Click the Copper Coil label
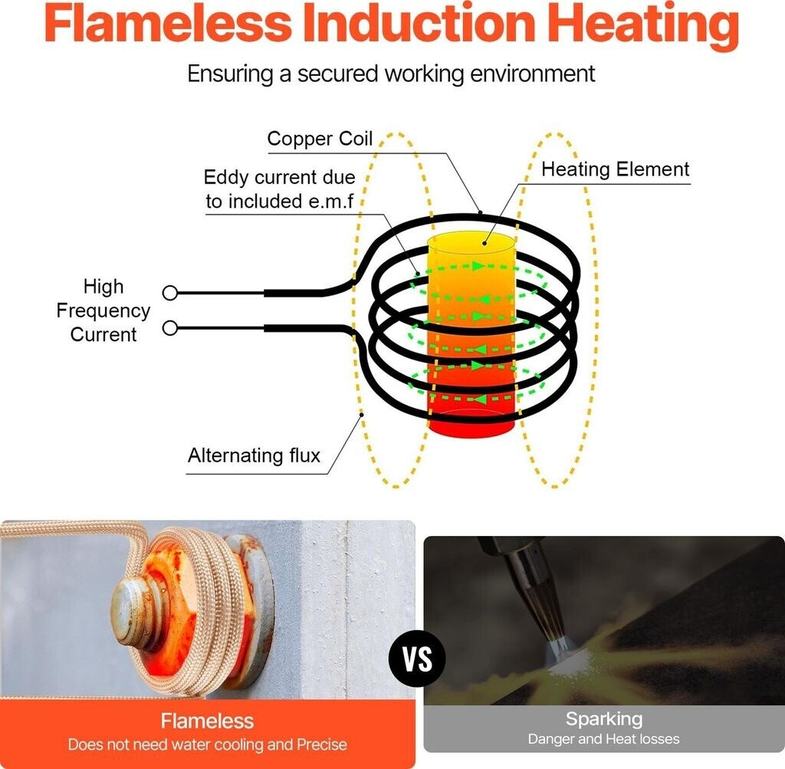click(320, 139)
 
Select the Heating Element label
click(616, 169)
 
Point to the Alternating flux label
click(254, 455)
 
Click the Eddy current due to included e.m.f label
click(279, 189)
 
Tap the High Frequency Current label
click(103, 311)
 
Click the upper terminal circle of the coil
click(170, 292)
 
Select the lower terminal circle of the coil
click(170, 328)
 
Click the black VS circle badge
click(418, 659)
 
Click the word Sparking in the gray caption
click(603, 719)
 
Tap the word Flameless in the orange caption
click(207, 721)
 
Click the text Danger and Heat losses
click(603, 739)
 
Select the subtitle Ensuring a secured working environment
click(392, 74)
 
